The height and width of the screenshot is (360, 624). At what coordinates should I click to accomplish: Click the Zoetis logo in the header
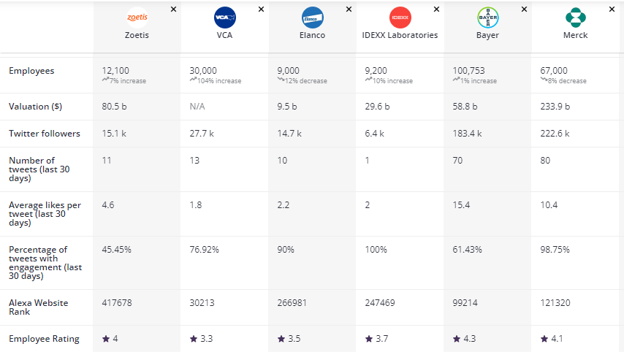(137, 17)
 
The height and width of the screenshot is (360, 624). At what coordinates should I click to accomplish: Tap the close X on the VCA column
(261, 9)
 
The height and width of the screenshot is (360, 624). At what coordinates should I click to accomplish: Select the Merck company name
(575, 35)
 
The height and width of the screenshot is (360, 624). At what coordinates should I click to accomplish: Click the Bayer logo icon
(487, 17)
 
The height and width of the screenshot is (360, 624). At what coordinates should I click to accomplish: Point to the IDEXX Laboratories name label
(400, 35)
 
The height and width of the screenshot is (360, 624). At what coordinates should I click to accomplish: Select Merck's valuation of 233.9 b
(555, 107)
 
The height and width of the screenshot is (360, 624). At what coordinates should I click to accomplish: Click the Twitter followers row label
(45, 134)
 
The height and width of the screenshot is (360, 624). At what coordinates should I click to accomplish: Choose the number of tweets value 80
(546, 161)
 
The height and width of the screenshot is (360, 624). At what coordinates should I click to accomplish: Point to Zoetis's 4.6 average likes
(108, 205)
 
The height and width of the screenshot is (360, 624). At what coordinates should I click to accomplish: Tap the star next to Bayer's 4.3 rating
(457, 339)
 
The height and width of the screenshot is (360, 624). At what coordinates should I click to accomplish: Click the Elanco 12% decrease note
(300, 81)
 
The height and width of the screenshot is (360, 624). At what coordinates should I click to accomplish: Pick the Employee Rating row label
(44, 339)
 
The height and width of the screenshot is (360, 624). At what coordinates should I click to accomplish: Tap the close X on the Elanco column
(349, 9)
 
